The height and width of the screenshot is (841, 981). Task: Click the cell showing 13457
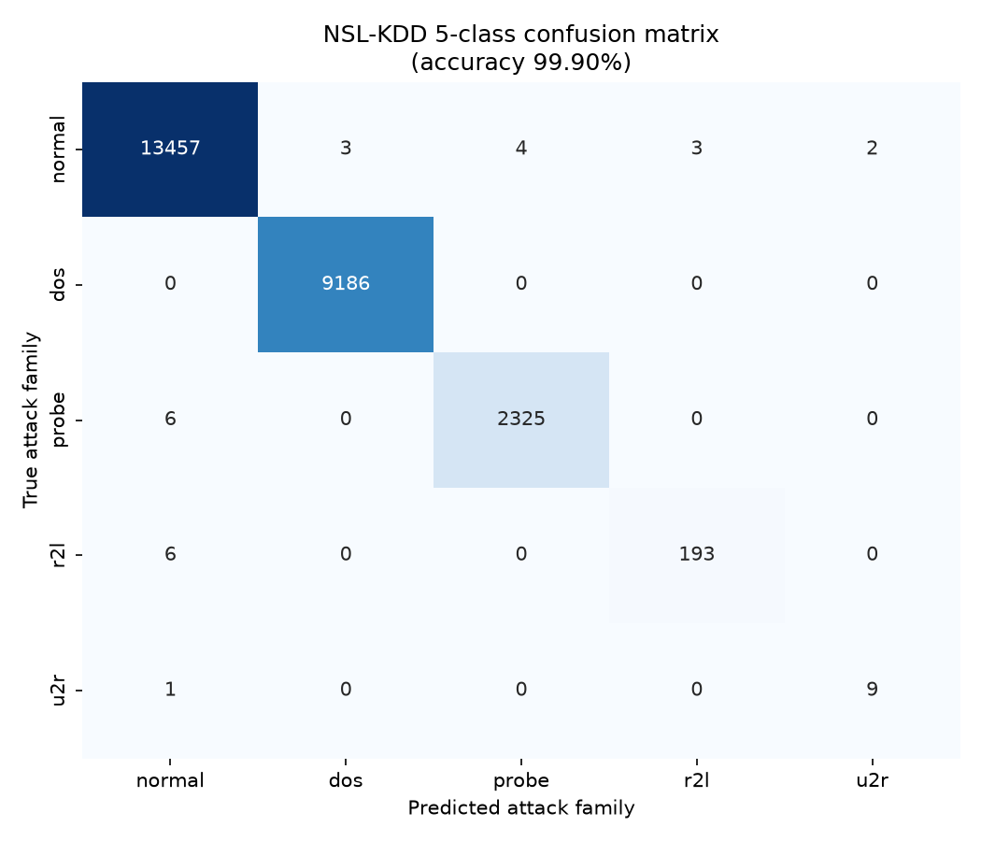(x=170, y=149)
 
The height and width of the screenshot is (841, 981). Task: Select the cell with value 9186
(x=346, y=284)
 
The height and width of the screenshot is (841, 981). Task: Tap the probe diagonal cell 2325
(x=521, y=420)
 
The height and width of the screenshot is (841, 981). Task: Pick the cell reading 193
(x=697, y=554)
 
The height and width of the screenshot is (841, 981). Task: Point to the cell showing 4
(x=521, y=149)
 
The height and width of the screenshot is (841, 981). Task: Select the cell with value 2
(x=872, y=149)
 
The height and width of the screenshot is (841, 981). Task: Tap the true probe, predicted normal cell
(x=170, y=420)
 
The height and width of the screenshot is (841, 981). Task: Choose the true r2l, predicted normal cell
(x=170, y=554)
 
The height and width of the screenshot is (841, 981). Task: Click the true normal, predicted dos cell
(x=346, y=149)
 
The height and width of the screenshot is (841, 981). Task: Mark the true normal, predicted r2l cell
(x=697, y=149)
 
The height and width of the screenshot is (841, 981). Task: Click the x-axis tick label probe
(x=521, y=781)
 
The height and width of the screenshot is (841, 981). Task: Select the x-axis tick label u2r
(x=872, y=780)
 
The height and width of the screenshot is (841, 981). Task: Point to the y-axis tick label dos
(x=57, y=284)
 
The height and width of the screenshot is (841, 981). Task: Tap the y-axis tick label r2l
(x=57, y=554)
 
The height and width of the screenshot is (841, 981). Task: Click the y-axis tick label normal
(x=57, y=149)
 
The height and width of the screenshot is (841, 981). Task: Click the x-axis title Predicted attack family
(x=521, y=808)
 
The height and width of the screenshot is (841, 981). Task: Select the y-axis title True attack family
(x=31, y=420)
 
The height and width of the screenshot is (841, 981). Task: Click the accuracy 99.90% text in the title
(x=521, y=62)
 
